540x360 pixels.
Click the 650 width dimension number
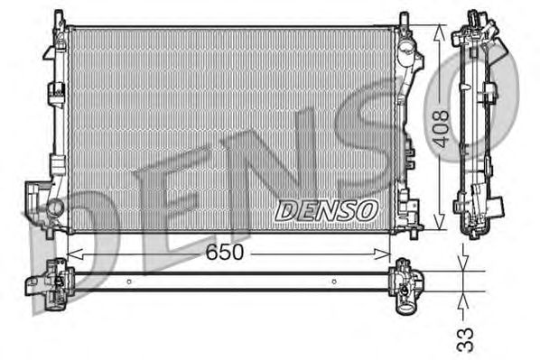coord(225,253)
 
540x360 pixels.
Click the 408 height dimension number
coord(441,129)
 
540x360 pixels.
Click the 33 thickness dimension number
coord(465,340)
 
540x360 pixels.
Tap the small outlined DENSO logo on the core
coord(327,210)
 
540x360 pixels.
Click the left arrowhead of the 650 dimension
coord(75,254)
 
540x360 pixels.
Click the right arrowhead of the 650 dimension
coord(382,254)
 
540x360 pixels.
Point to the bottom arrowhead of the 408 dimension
coord(439,222)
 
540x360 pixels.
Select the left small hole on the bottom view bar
coord(129,282)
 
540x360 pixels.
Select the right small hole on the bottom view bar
coord(334,282)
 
